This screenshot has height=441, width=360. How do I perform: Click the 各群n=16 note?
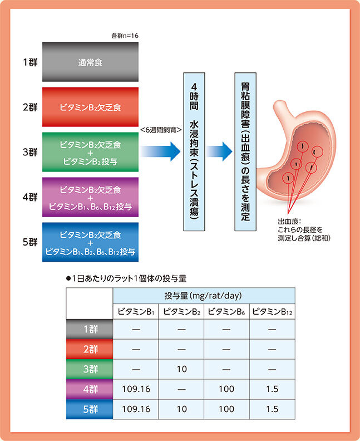[125, 36]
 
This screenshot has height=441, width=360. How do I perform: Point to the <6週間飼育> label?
[161, 130]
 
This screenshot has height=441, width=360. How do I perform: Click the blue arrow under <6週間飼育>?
[161, 151]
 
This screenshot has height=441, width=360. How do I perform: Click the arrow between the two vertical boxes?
[219, 150]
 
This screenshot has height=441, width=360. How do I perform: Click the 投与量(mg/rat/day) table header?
[203, 296]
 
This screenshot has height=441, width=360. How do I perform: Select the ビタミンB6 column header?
[226, 312]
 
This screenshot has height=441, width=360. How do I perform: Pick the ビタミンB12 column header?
[272, 312]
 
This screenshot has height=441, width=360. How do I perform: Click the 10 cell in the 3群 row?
[181, 369]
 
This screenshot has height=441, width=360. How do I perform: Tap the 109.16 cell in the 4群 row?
[135, 389]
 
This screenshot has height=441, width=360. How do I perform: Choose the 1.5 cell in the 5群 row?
[272, 409]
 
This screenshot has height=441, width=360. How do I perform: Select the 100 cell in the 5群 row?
[226, 409]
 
